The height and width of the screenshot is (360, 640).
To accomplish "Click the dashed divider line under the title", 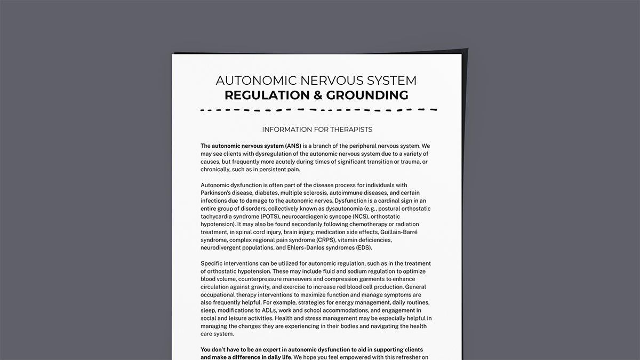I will [318, 110].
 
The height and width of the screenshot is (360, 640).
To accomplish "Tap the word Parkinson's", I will [219, 193].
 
